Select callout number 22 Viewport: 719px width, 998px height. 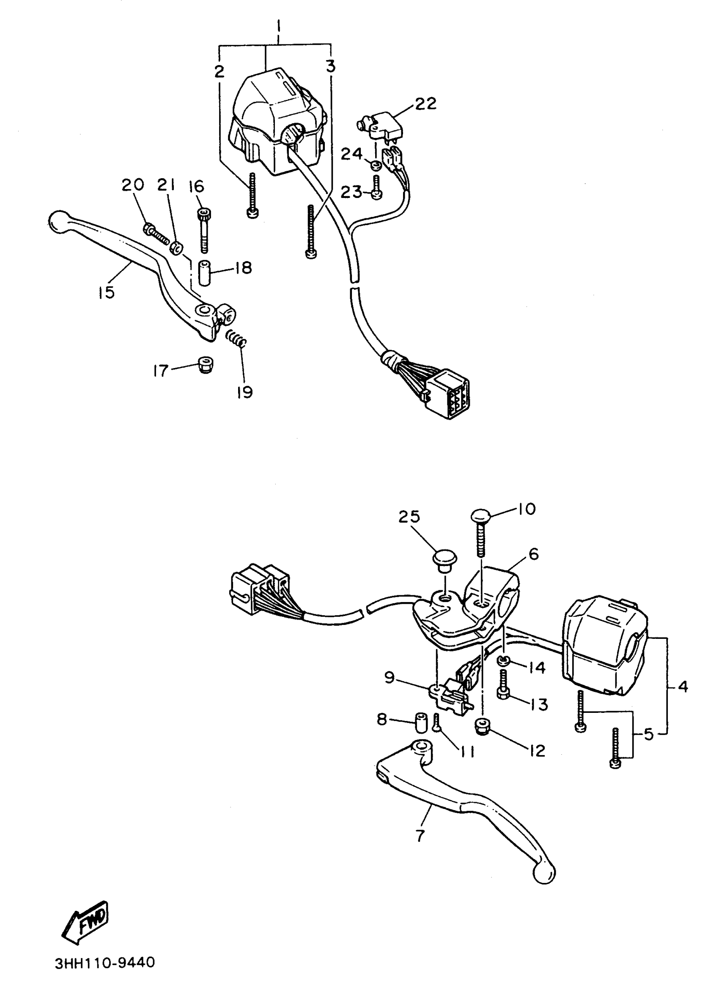[425, 104]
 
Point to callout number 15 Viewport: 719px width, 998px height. [106, 292]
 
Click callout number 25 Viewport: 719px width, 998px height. [409, 517]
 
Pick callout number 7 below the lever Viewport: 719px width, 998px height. [420, 835]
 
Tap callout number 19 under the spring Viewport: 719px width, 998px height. [244, 391]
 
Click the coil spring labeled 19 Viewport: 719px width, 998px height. [236, 339]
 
